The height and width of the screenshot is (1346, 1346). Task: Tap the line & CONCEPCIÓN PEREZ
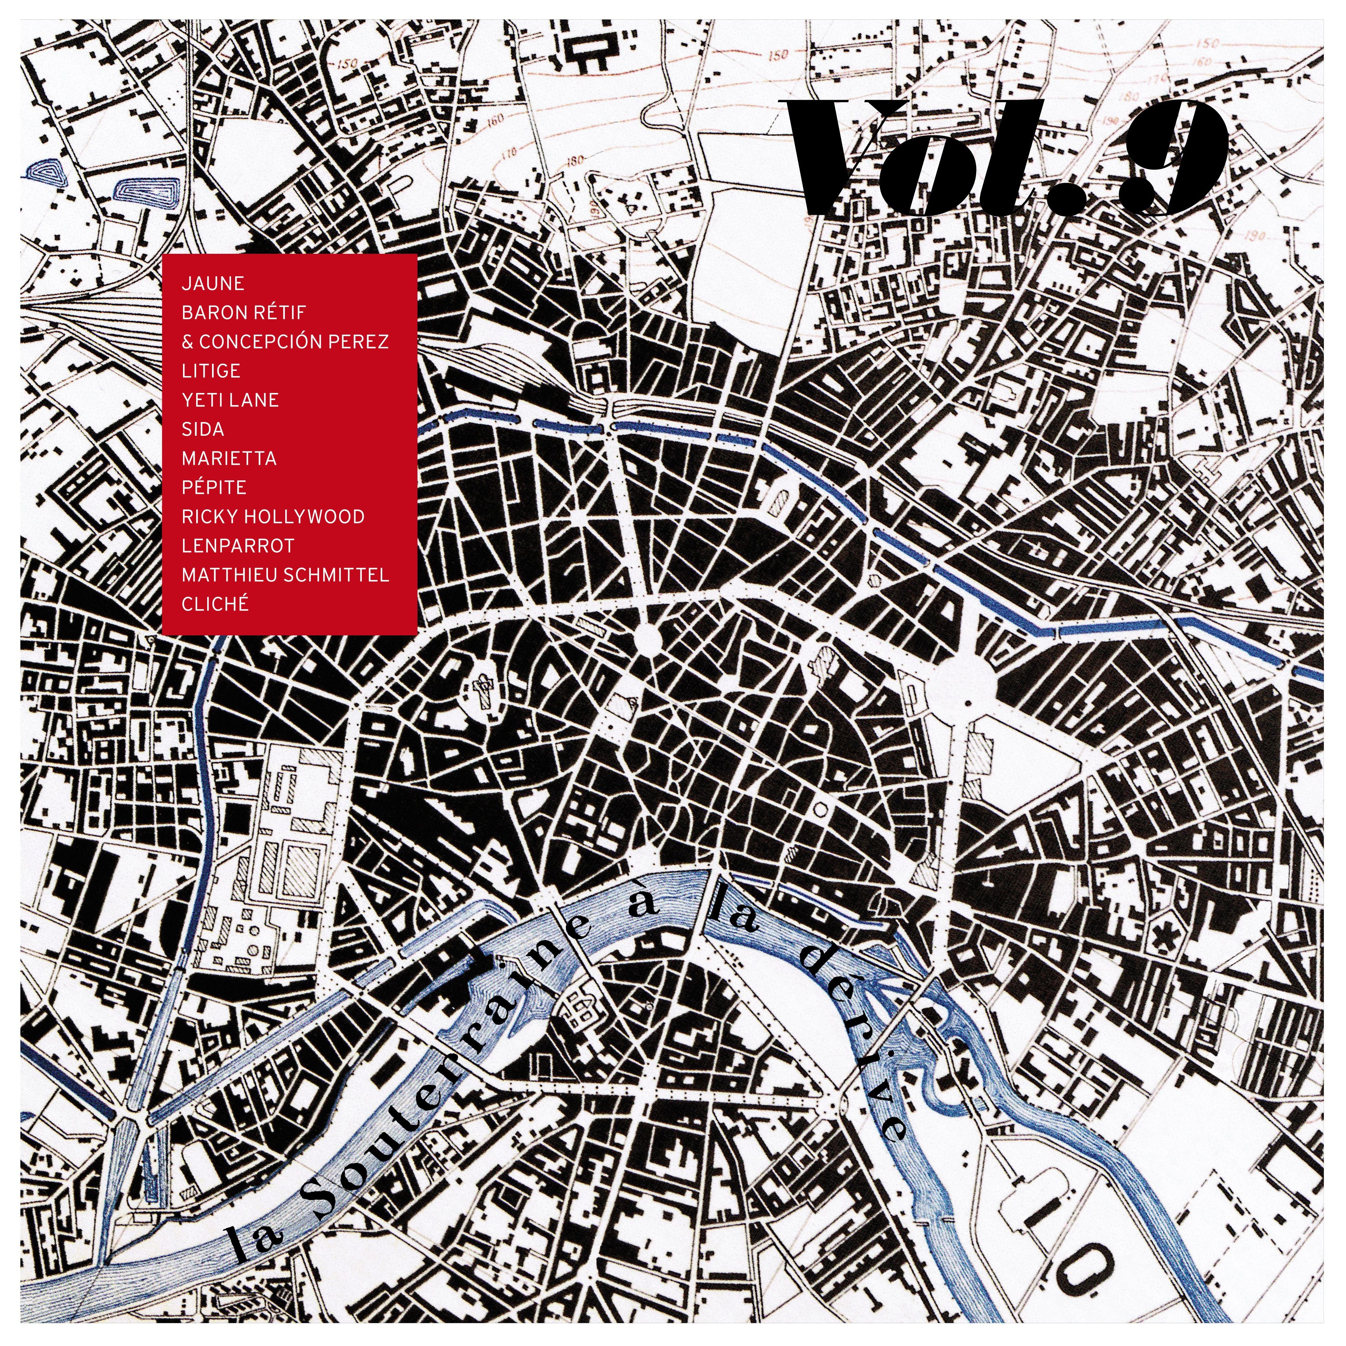[285, 342]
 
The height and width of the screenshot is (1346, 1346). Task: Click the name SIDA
[203, 429]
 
